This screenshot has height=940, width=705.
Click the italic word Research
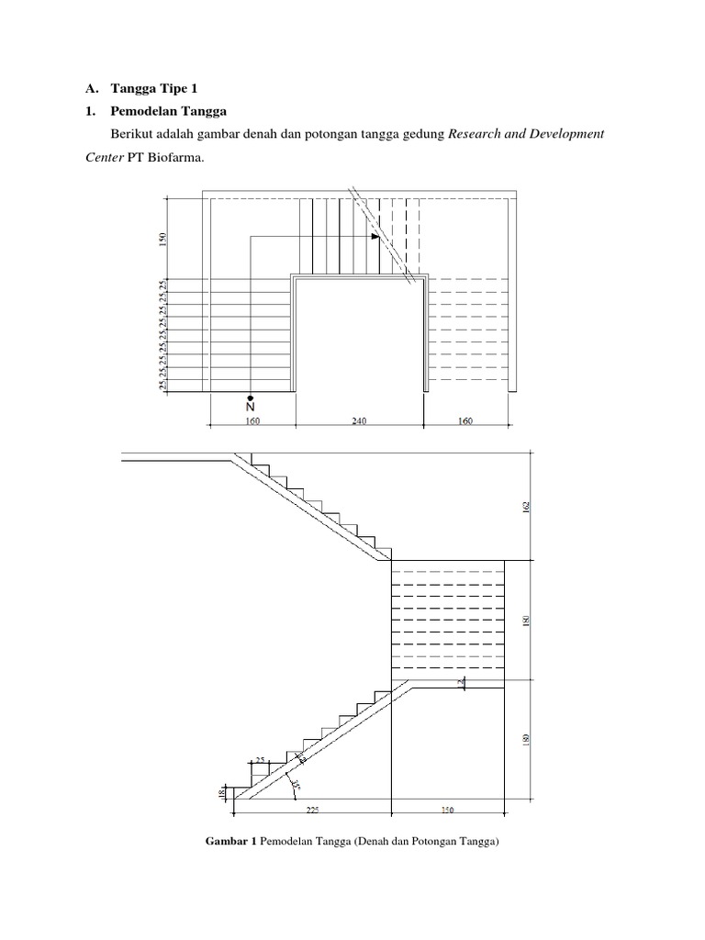476,133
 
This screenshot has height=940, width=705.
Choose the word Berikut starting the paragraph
130,133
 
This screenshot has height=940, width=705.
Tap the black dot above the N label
251,397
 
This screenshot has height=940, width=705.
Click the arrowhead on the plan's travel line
375,237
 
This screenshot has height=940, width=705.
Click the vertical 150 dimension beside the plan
163,241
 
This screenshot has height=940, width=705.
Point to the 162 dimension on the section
527,507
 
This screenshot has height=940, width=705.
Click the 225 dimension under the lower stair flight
312,811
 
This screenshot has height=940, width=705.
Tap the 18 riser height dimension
220,793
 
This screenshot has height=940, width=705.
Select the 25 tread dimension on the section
260,759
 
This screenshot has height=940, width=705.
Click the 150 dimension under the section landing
447,811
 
